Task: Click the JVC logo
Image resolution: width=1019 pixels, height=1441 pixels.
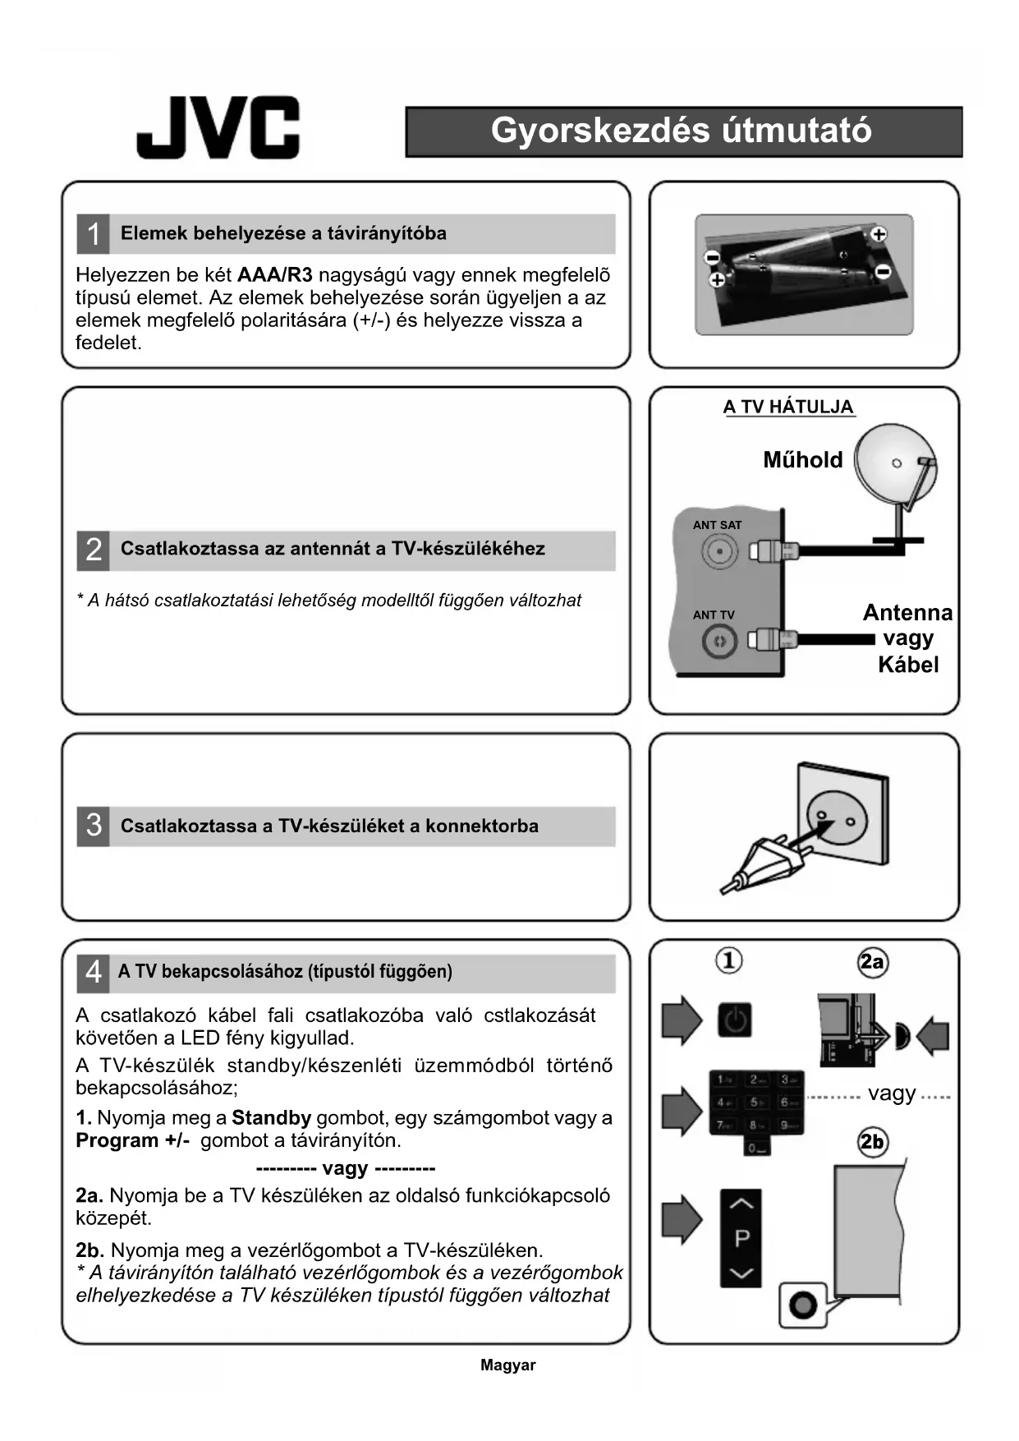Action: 218,127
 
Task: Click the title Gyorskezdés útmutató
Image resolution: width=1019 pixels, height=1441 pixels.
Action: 682,131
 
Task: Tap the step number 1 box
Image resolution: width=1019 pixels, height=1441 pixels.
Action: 93,234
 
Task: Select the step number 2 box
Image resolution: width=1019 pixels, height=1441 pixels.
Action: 93,550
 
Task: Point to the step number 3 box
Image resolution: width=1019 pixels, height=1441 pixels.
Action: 93,826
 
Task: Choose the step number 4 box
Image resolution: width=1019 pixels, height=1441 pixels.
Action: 93,972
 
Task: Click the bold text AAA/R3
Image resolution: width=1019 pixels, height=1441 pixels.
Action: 274,275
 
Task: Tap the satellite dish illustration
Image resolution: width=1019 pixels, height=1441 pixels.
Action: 895,468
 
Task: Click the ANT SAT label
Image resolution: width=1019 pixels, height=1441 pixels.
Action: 717,525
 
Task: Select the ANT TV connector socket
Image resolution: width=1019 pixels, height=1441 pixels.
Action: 719,641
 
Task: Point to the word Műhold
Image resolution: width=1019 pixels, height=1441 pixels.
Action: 802,460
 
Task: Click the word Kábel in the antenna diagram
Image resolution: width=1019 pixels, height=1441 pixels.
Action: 907,665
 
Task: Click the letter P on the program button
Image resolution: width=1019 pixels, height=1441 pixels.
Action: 741,1238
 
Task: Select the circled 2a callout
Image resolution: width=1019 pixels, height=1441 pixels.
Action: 872,962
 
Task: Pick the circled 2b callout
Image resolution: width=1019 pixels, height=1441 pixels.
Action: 872,1142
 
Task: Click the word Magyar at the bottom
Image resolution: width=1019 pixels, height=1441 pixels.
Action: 507,1365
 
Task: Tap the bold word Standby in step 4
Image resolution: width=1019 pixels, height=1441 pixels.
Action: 271,1118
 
